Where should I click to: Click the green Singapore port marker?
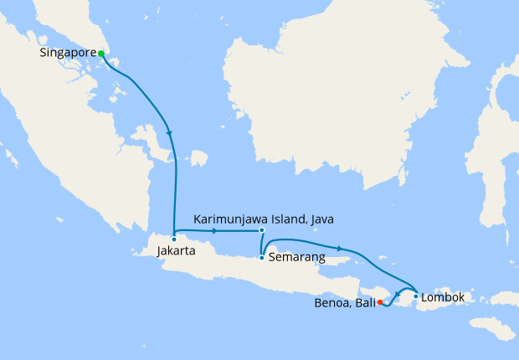tap(101, 54)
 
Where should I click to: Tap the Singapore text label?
tap(68, 54)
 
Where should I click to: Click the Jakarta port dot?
tap(173, 239)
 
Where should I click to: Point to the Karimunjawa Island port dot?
tap(262, 230)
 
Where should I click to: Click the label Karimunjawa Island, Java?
tap(263, 219)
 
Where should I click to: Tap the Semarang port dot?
tap(262, 257)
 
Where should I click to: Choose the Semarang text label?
tap(296, 258)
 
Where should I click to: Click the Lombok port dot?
tap(416, 296)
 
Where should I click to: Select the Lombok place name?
tap(443, 297)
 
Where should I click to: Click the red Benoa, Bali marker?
tap(380, 302)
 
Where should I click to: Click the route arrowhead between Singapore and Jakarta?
tap(170, 133)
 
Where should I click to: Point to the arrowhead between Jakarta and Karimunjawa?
tap(216, 230)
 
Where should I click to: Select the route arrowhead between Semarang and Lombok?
tap(340, 248)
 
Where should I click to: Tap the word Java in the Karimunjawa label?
tap(320, 219)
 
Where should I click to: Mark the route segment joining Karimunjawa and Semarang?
tap(261, 244)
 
